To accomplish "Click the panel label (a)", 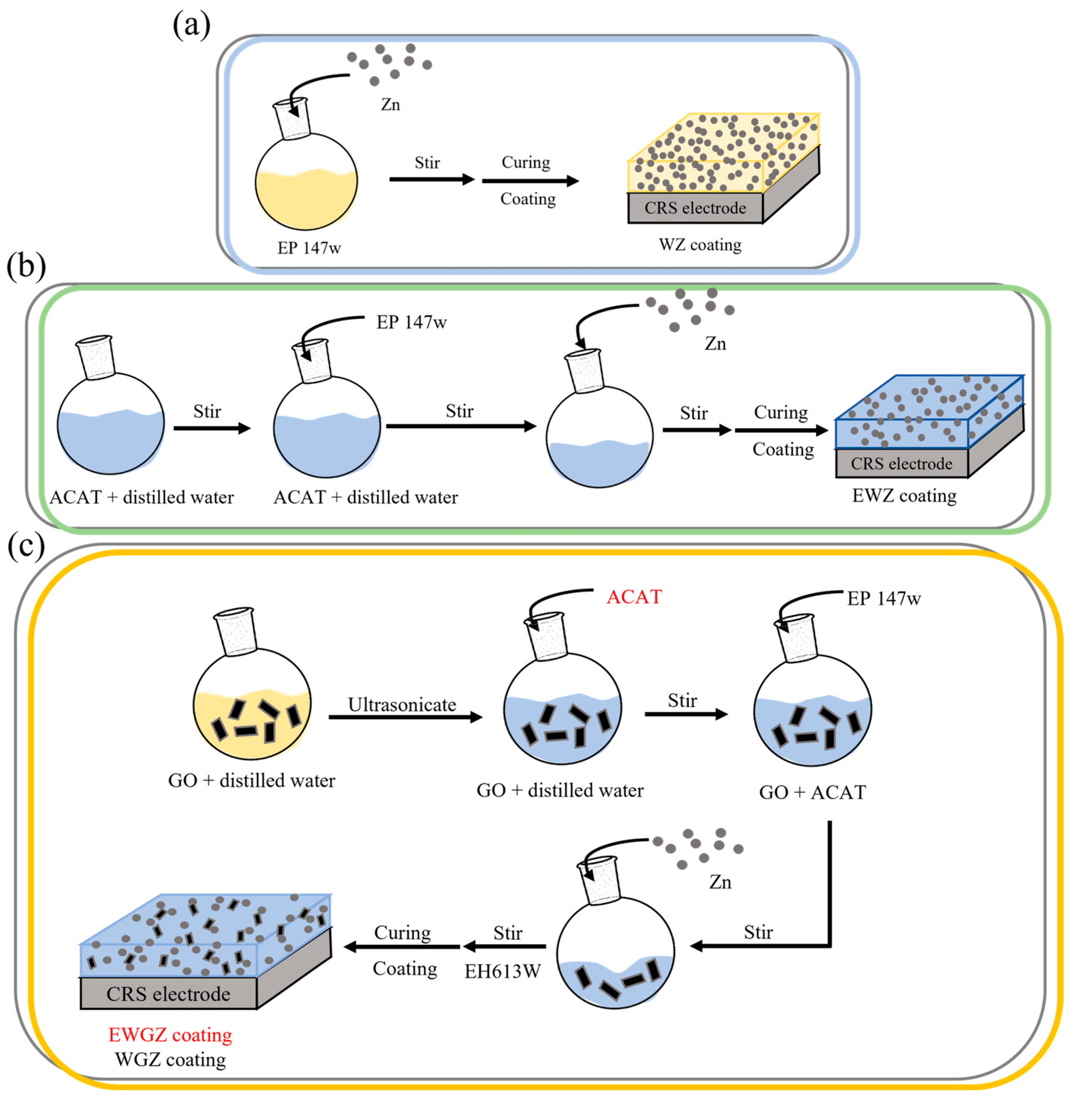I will [192, 25].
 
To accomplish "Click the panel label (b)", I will [26, 267].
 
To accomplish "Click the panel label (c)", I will [26, 547].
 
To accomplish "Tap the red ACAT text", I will [634, 597].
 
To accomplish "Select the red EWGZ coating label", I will [170, 1035].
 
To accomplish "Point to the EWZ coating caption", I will [904, 496].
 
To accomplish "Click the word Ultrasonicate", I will [402, 705].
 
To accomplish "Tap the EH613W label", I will [502, 971].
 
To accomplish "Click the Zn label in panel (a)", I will [390, 105].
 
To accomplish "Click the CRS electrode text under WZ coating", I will [695, 208].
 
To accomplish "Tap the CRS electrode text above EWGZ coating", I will [168, 994].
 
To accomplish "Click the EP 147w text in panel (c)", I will [883, 598].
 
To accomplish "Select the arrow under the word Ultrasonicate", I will [405, 717].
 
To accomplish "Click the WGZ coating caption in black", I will [170, 1060].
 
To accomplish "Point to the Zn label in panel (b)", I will [715, 344].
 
